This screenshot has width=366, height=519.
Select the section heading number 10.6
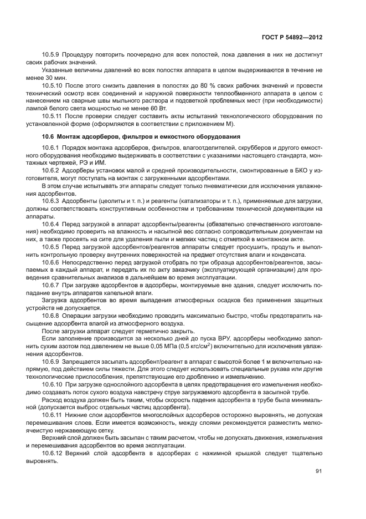click(x=49, y=136)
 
